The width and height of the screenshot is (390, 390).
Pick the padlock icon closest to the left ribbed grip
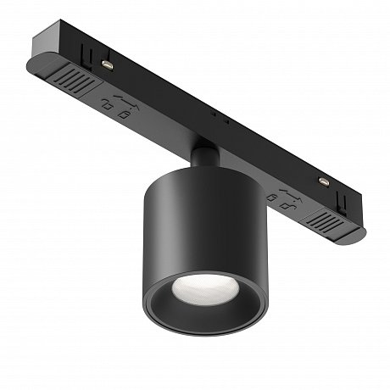110,103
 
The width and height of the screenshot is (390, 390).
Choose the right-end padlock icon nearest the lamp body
273,198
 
